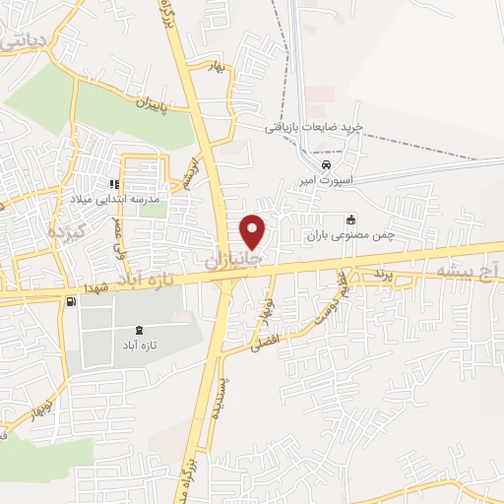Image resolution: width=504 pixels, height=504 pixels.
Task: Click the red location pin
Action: [254, 231]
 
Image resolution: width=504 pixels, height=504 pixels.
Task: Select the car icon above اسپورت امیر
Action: [326, 164]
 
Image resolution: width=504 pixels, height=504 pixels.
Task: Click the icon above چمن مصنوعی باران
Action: [350, 220]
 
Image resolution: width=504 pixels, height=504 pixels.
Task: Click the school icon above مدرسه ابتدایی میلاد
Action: [115, 184]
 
